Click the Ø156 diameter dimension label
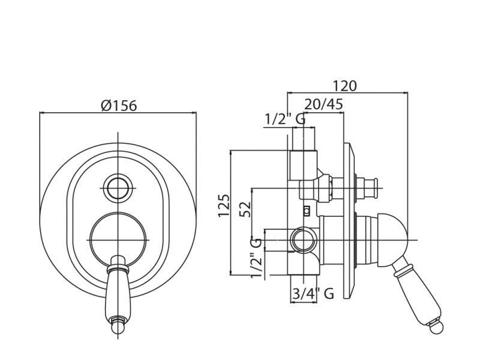(119, 106)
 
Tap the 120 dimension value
(344, 86)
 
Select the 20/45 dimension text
(323, 104)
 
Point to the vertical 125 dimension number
(224, 205)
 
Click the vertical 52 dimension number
(245, 209)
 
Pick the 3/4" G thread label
(313, 294)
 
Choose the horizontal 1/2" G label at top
(285, 119)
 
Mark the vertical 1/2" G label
(256, 258)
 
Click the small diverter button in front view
(118, 188)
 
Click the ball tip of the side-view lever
(436, 328)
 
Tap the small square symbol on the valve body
(307, 211)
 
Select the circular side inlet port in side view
(304, 239)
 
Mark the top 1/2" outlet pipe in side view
(304, 166)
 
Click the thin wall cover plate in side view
(350, 220)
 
